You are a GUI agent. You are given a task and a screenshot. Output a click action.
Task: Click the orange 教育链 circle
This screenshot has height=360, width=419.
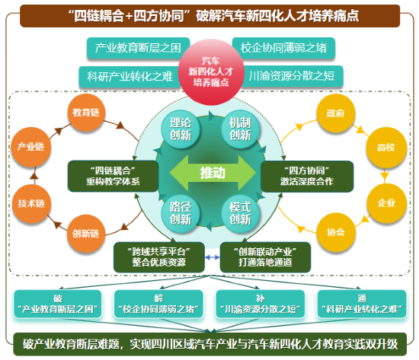(x=86, y=113)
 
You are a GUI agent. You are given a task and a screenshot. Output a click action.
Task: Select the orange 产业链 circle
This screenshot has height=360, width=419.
(x=31, y=147)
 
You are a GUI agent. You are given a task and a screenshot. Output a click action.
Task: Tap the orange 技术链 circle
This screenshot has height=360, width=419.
(x=31, y=204)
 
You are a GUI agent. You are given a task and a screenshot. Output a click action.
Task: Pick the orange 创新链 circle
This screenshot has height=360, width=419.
(x=86, y=234)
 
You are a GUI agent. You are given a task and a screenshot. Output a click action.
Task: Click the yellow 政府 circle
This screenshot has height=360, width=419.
(x=336, y=113)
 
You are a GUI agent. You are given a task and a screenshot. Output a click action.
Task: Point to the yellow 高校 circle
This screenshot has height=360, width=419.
(x=386, y=148)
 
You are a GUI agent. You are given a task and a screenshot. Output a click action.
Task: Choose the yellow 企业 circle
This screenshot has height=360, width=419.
(x=386, y=203)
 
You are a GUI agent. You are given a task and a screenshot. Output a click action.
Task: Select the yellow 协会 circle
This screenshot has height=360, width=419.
(x=336, y=232)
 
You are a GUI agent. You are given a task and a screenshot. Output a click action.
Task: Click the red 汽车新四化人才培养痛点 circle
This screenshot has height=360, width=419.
(x=211, y=72)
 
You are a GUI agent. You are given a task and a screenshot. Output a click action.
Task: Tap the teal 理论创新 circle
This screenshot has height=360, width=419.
(x=180, y=129)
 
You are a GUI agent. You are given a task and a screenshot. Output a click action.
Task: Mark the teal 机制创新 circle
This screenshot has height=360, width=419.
(x=240, y=129)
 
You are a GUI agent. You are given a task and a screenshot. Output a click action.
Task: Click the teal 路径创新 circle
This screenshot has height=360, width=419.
(x=180, y=213)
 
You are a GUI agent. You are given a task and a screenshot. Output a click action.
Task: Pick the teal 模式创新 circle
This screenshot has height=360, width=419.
(x=240, y=213)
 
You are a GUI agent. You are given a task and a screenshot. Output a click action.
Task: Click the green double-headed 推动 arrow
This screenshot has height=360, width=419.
(x=213, y=173)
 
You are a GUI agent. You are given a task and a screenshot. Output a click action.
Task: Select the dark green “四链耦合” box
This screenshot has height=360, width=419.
(x=113, y=176)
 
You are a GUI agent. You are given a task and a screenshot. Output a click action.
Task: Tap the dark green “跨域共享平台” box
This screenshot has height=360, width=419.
(x=159, y=257)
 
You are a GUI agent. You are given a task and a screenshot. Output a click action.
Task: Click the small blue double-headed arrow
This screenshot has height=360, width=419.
(x=213, y=257)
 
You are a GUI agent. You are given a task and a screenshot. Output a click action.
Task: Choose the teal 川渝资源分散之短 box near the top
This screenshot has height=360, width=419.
(x=292, y=76)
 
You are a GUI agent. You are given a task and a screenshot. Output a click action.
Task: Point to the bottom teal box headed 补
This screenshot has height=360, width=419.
(x=261, y=304)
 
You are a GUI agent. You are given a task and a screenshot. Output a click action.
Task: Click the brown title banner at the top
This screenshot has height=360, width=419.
(x=210, y=16)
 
